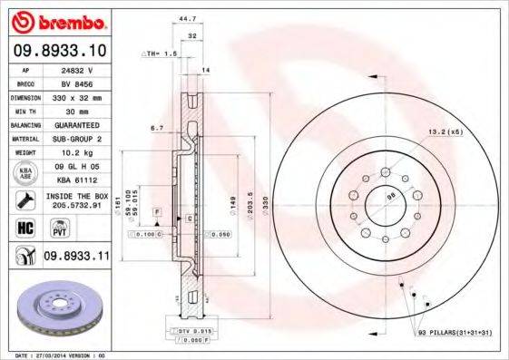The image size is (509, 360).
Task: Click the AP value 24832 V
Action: pos(84,68)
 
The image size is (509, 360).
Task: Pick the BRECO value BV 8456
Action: pos(84,82)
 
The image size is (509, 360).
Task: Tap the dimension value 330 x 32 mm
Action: pos(84,95)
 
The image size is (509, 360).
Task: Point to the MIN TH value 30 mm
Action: pos(84,110)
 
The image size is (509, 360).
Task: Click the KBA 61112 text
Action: pos(84,180)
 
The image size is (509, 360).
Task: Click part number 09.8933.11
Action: pos(76,258)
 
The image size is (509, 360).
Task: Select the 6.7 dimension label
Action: pos(157,129)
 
